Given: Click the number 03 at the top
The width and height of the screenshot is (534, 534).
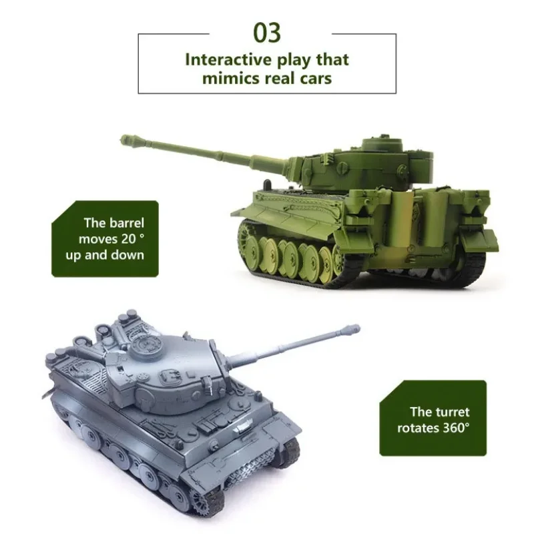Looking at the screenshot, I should [x=266, y=33].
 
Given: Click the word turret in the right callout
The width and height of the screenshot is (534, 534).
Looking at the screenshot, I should [x=451, y=412].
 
